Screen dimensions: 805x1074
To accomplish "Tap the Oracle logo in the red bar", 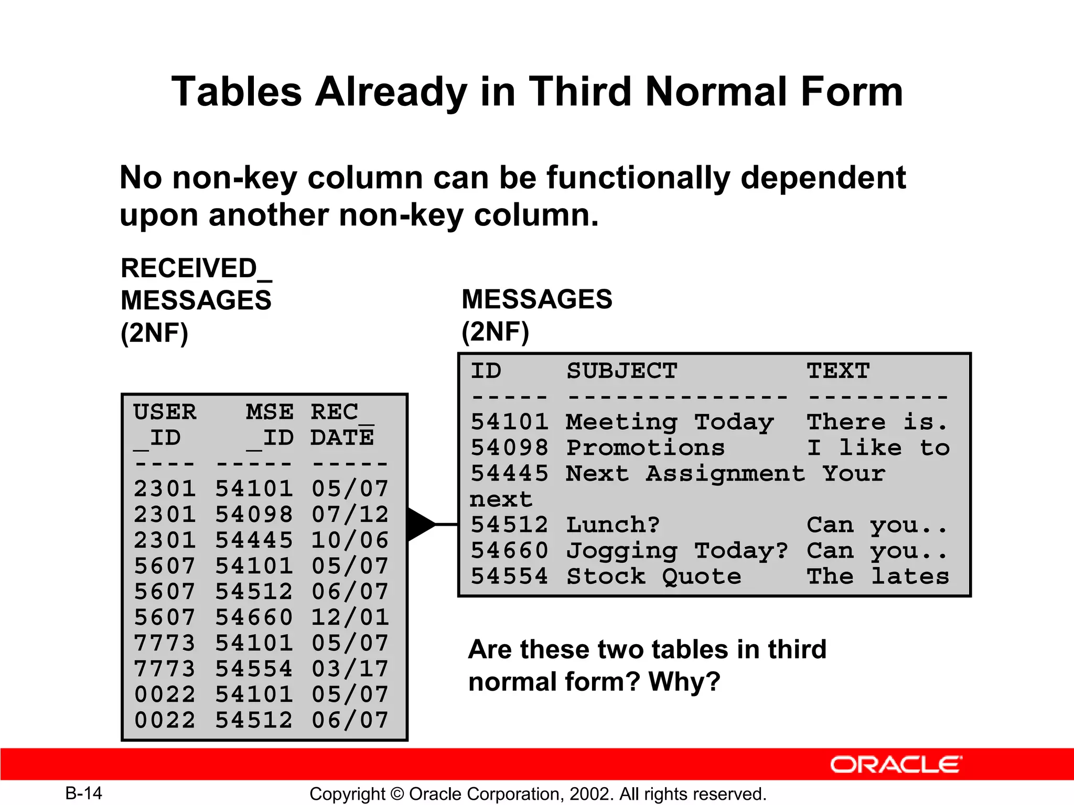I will pyautogui.click(x=896, y=765).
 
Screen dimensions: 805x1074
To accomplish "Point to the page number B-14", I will pyautogui.click(x=84, y=793).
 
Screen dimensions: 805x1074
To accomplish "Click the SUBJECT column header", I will pyautogui.click(x=622, y=371).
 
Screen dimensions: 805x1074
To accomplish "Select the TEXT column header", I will pyautogui.click(x=838, y=371).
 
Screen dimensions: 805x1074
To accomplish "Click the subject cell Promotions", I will pyautogui.click(x=646, y=448).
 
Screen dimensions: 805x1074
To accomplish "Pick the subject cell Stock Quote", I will pyautogui.click(x=654, y=576).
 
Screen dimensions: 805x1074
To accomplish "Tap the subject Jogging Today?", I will pyautogui.click(x=677, y=551).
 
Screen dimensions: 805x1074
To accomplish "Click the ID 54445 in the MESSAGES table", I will pyautogui.click(x=509, y=474).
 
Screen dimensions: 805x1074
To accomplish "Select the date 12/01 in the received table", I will pyautogui.click(x=350, y=617).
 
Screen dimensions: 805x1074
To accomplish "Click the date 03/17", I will pyautogui.click(x=350, y=669).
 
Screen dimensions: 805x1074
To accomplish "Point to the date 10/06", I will pyautogui.click(x=350, y=540).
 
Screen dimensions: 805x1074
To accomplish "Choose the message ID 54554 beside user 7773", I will pyautogui.click(x=254, y=669).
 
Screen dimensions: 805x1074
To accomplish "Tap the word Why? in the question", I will pyautogui.click(x=684, y=682).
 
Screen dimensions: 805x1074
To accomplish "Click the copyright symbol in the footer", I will pyautogui.click(x=398, y=794).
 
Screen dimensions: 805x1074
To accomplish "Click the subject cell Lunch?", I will pyautogui.click(x=613, y=525).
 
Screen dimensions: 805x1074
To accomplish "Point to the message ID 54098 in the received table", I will pyautogui.click(x=254, y=515).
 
